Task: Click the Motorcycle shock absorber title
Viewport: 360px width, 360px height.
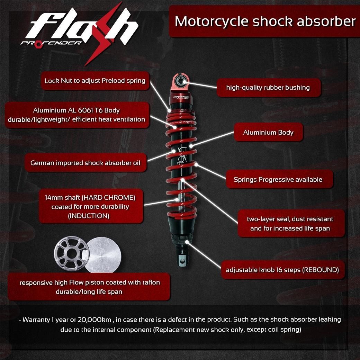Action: pyautogui.click(x=265, y=21)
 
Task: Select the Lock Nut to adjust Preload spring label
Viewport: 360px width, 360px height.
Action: pyautogui.click(x=95, y=81)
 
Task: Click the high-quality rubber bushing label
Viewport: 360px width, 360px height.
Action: pyautogui.click(x=268, y=88)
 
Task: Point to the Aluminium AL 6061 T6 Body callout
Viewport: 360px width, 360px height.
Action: pyautogui.click(x=76, y=115)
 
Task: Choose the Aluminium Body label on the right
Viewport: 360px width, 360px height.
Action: pyautogui.click(x=268, y=133)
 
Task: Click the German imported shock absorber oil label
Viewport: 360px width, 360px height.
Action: pyautogui.click(x=85, y=163)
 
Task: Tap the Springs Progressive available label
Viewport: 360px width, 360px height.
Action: pyautogui.click(x=278, y=180)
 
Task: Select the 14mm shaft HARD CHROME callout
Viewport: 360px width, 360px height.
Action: pyautogui.click(x=90, y=206)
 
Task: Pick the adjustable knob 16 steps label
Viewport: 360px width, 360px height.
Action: pyautogui.click(x=282, y=270)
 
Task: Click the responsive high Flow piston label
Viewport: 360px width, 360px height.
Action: pyautogui.click(x=90, y=287)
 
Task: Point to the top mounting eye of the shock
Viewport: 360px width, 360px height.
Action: pyautogui.click(x=181, y=82)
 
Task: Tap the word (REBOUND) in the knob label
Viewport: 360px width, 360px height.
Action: pyautogui.click(x=320, y=270)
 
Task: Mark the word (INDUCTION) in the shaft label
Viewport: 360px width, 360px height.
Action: pyautogui.click(x=89, y=216)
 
